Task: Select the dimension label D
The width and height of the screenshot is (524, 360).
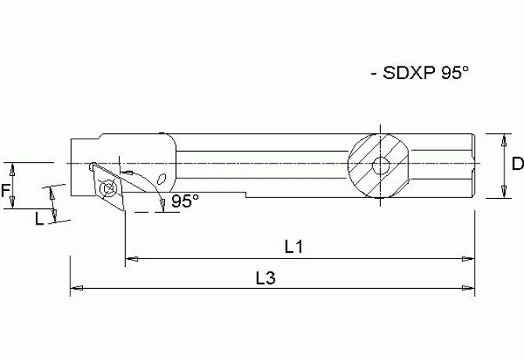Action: click(x=517, y=164)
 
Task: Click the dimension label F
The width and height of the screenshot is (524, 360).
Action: click(x=5, y=188)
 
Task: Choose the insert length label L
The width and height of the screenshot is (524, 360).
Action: click(x=39, y=219)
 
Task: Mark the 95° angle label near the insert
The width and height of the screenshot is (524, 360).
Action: click(x=185, y=201)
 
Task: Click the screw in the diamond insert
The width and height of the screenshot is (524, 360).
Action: click(x=107, y=188)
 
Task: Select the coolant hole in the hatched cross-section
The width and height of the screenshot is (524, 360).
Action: click(x=380, y=165)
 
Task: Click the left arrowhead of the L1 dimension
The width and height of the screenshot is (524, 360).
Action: click(x=130, y=257)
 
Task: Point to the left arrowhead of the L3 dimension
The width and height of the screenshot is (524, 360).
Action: click(x=75, y=288)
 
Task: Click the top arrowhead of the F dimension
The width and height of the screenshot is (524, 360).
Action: click(x=13, y=167)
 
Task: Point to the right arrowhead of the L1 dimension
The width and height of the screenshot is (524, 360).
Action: click(x=470, y=257)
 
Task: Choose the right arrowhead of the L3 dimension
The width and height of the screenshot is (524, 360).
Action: click(x=470, y=288)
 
